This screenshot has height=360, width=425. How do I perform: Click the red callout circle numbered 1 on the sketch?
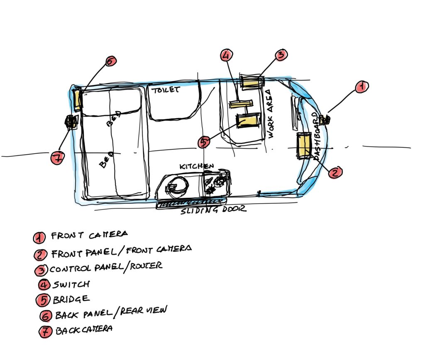[x=361, y=87]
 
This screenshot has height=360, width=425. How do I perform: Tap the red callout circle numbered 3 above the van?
[x=281, y=55]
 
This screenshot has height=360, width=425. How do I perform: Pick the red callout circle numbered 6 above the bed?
[x=110, y=61]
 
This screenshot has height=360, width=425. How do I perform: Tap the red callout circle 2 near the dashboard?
[x=335, y=172]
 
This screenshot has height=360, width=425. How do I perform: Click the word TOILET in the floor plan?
[x=166, y=90]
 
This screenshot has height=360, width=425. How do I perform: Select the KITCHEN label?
[x=196, y=166]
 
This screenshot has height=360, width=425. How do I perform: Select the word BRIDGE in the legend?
[x=71, y=299]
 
